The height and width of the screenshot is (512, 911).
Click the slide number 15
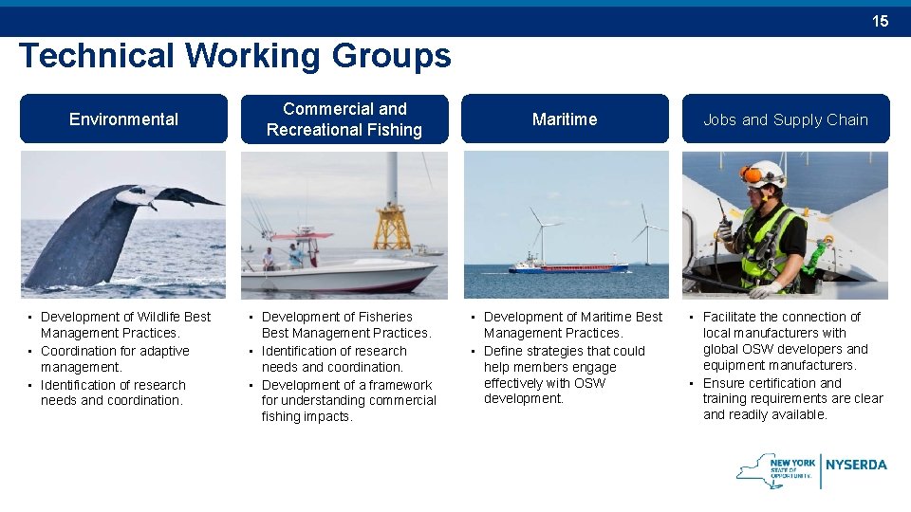click(881, 21)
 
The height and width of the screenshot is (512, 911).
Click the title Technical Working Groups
click(234, 56)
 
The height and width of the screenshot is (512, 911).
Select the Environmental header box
click(123, 119)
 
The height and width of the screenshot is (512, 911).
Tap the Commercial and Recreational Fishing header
click(344, 119)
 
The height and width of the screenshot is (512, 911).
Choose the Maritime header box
click(565, 119)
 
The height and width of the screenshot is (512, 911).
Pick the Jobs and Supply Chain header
click(786, 119)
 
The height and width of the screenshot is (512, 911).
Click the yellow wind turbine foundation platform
click(392, 227)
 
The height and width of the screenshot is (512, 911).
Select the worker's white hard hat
click(767, 173)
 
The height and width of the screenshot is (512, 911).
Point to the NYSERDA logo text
click(856, 465)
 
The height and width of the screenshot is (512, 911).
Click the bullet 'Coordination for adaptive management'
click(115, 358)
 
